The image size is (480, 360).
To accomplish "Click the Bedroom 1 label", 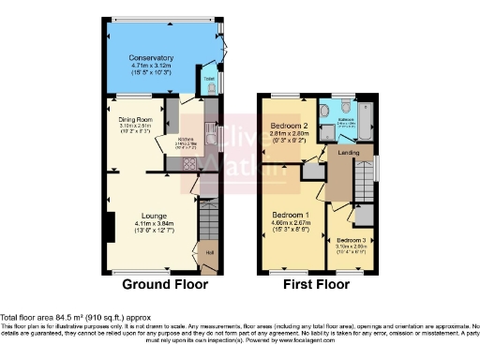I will [289, 213].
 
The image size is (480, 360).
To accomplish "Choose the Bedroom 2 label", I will [290, 126].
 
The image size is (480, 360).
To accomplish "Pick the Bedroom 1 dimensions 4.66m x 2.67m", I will [289, 221].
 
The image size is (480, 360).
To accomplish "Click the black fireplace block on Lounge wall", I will [111, 226].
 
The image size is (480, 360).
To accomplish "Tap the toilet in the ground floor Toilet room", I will [212, 89].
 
